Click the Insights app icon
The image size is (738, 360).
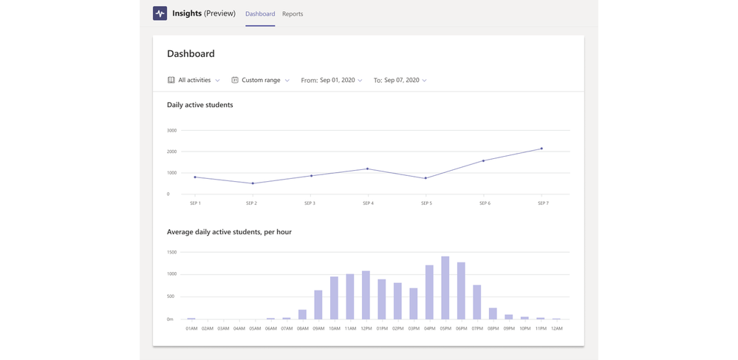tap(160, 13)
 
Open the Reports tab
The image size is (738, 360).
tap(293, 14)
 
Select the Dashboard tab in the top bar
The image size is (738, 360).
tap(260, 14)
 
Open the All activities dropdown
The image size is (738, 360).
tap(194, 80)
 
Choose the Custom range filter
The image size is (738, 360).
tap(261, 80)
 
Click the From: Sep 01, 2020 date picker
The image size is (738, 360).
tap(332, 80)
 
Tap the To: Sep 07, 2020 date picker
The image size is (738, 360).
tap(400, 80)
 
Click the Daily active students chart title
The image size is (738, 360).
tap(199, 105)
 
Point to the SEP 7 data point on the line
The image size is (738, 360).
tap(541, 149)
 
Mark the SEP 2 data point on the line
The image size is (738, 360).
tap(253, 183)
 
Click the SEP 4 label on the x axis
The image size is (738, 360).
tap(368, 203)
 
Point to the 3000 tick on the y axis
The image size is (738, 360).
tap(171, 130)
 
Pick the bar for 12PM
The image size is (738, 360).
tap(366, 295)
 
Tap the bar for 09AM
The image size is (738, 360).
tap(318, 305)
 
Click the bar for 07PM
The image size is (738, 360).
tap(477, 302)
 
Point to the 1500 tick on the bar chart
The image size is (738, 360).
tap(171, 252)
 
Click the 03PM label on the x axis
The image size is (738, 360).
tap(414, 328)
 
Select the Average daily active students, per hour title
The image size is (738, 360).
tap(229, 232)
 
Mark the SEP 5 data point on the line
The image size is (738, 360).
tap(426, 178)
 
